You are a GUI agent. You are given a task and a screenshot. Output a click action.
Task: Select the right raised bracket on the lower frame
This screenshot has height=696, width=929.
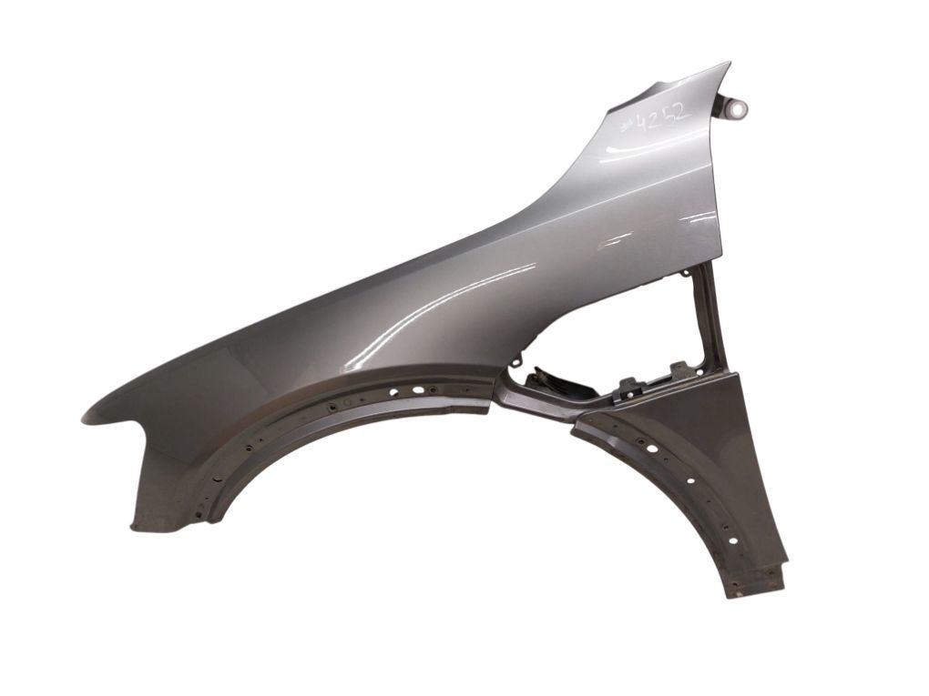681,369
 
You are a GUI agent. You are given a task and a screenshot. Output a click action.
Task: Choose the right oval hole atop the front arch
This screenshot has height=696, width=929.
420,388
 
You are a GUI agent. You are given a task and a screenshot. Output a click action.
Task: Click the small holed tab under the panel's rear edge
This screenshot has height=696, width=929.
682,271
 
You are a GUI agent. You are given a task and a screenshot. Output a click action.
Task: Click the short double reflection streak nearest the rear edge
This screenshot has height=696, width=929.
701,218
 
